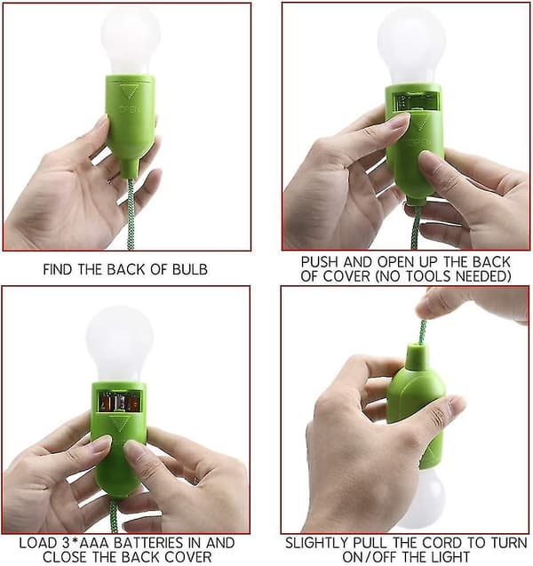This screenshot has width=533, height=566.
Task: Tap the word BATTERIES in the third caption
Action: tap(150, 543)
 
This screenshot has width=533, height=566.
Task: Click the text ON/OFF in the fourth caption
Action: tap(369, 556)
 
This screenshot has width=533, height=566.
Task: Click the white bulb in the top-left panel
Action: tap(131, 43)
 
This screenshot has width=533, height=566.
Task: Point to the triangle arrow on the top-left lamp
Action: tap(129, 91)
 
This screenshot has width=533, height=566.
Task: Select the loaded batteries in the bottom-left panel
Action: tap(120, 402)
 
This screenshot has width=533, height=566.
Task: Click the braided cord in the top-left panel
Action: tap(131, 213)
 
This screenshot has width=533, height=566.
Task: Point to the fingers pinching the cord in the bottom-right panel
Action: tap(469, 305)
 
